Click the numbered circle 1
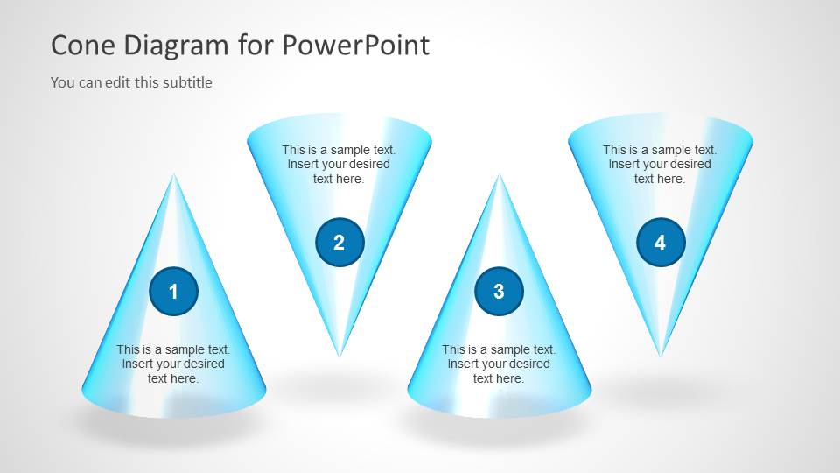pos(173,292)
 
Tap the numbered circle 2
pos(339,243)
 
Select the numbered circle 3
pos(499,292)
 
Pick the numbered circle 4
pos(661,243)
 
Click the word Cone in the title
pos(82,45)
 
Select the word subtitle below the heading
pos(184,82)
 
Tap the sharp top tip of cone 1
pos(174,176)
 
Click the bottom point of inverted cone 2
pos(339,355)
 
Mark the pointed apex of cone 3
pos(500,176)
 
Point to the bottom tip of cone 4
pos(661,355)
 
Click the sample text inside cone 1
pos(173,364)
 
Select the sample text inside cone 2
pos(339,164)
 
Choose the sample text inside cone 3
pos(499,364)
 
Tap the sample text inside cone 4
pos(660,164)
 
